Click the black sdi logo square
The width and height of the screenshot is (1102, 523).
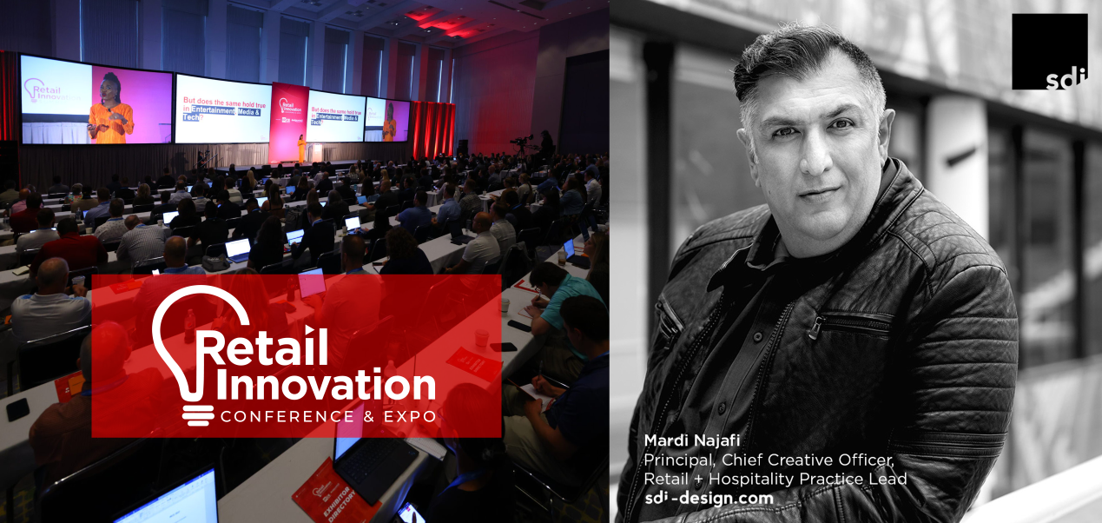tap(1049, 51)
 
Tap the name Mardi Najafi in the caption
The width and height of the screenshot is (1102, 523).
tap(685, 440)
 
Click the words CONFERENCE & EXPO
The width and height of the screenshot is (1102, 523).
tap(327, 417)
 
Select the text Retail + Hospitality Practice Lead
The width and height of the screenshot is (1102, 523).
tap(775, 479)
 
